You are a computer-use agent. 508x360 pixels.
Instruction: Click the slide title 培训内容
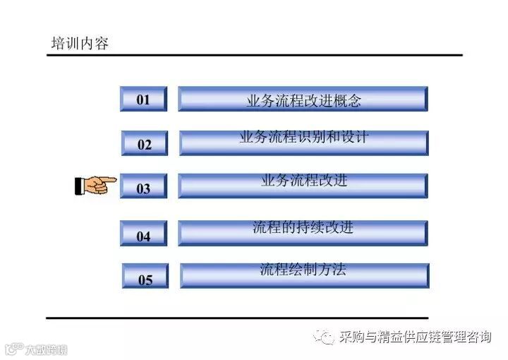pos(80,44)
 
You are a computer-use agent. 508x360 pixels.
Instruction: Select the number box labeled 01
pos(143,100)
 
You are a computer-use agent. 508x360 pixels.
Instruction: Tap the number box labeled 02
pos(144,144)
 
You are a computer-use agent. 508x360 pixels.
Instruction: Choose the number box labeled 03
pos(143,188)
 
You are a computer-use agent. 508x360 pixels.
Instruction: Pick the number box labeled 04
pos(143,235)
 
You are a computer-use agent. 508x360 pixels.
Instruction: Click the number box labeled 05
pos(145,279)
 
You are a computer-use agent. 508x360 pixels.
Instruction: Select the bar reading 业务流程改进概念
pos(303,100)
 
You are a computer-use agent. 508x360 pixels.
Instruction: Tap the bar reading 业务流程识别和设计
pos(303,142)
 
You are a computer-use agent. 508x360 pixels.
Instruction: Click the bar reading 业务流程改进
pos(303,185)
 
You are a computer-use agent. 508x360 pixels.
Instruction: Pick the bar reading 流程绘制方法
pos(304,275)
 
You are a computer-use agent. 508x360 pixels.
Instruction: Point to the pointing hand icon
pos(96,186)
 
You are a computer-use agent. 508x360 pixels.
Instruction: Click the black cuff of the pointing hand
pos(78,186)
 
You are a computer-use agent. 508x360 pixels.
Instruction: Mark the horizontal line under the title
pos(254,55)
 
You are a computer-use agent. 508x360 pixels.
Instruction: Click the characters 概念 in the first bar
pos(346,101)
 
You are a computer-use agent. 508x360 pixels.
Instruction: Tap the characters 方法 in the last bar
pos(332,269)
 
